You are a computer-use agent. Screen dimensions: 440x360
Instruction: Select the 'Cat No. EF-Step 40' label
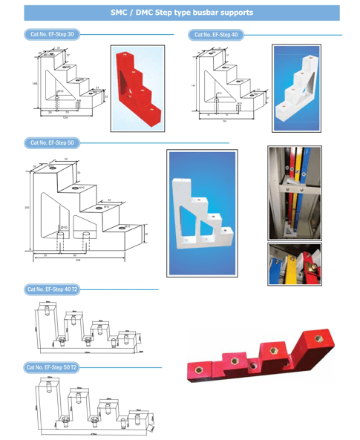coord(215,34)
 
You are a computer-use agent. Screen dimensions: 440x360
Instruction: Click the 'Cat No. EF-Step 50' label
coord(51,142)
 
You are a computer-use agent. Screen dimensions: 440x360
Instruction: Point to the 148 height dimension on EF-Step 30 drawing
coord(34,84)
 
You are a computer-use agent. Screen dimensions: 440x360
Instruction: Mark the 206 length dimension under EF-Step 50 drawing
coord(78,261)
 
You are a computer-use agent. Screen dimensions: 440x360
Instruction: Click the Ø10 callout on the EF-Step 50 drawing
coord(65,226)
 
